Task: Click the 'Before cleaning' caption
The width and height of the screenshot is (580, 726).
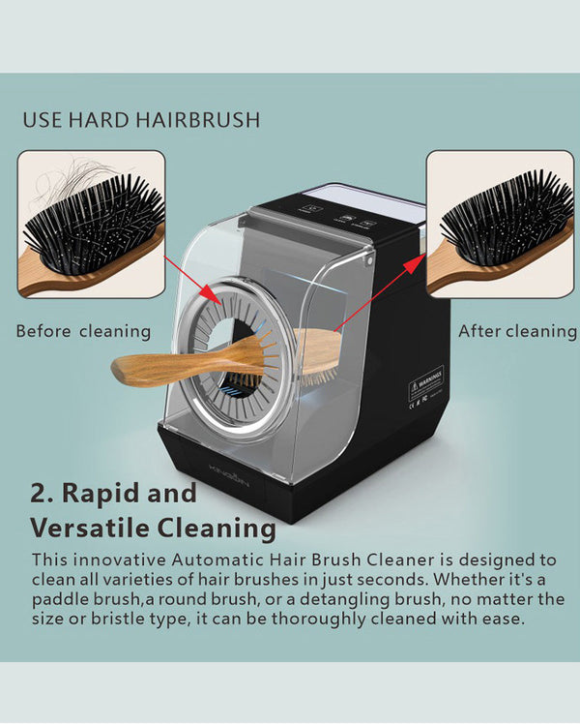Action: [83, 331]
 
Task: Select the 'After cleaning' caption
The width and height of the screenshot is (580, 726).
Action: [517, 331]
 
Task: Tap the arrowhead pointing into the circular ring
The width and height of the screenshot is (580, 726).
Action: [210, 295]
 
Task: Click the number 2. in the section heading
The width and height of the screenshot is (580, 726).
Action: [42, 493]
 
